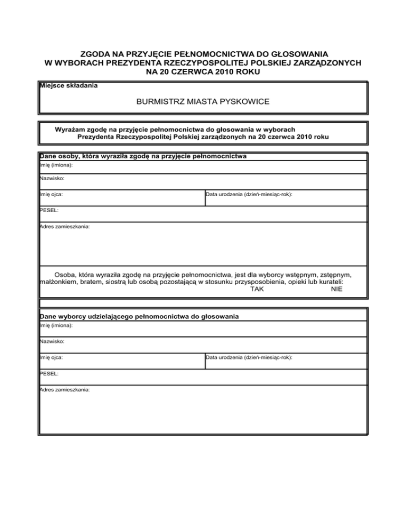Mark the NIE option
pyautogui.click(x=336, y=289)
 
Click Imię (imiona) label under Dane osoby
pyautogui.click(x=56, y=165)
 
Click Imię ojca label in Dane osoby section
pyautogui.click(x=52, y=195)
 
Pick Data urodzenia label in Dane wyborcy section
pyautogui.click(x=249, y=358)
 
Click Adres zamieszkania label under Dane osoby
pyautogui.click(x=65, y=227)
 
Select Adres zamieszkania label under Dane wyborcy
pyautogui.click(x=65, y=390)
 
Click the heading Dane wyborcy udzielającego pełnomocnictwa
pyautogui.click(x=139, y=316)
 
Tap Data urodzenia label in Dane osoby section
pyautogui.click(x=249, y=195)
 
